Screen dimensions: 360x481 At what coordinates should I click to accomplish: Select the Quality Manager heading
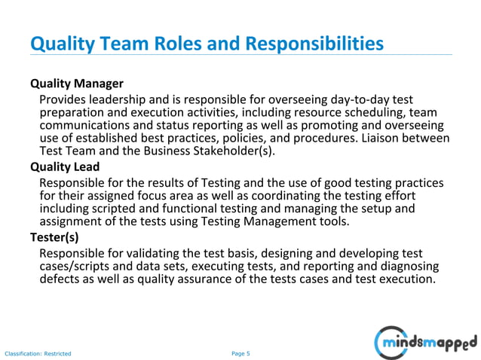tap(76, 83)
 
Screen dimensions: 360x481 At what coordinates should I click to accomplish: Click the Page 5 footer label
tap(240, 352)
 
